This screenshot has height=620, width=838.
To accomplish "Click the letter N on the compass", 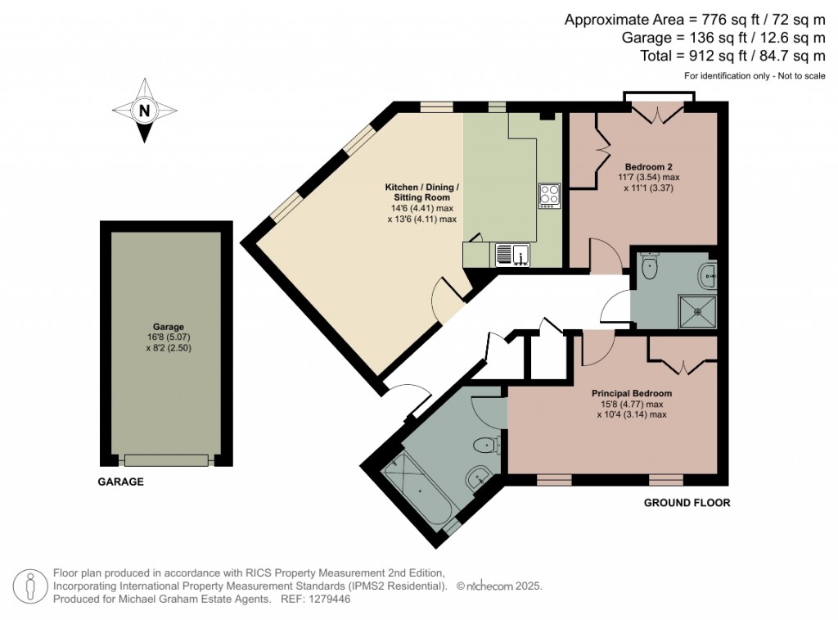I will (145, 111).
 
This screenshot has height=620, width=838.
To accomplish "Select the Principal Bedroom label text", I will (632, 393).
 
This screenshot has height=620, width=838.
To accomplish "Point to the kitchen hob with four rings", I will (549, 195).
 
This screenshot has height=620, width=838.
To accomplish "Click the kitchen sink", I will (512, 255).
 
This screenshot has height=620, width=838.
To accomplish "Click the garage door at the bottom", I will (166, 460).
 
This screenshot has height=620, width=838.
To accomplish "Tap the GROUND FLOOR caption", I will (686, 502).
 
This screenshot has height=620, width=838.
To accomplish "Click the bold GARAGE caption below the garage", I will (121, 482).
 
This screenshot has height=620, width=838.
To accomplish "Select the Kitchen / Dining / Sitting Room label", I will (422, 192).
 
